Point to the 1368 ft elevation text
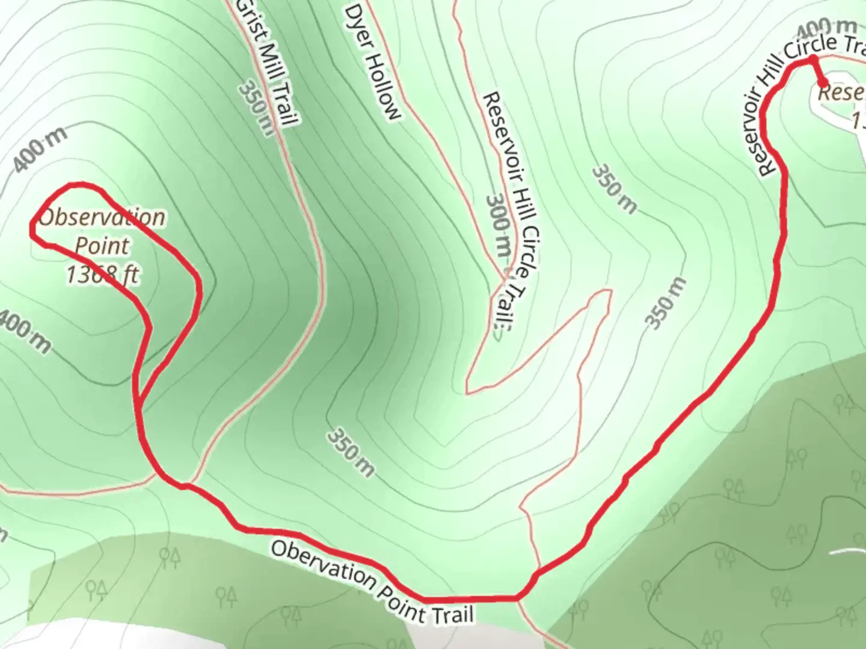[102, 275]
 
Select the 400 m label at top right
[826, 27]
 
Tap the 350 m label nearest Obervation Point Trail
[351, 452]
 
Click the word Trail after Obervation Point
[451, 613]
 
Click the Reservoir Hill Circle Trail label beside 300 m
[510, 210]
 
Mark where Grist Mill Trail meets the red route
[186, 484]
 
